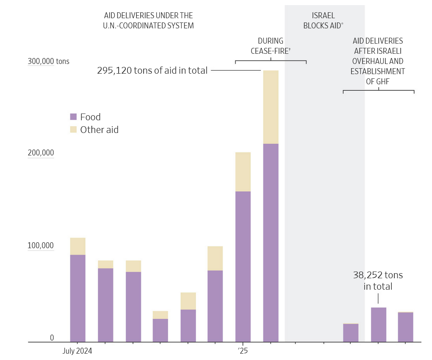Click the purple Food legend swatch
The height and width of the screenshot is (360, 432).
[73, 117]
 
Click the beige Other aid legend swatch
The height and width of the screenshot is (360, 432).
[73, 130]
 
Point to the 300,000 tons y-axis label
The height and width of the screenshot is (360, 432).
[48, 61]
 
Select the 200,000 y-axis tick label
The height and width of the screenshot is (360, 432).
[41, 153]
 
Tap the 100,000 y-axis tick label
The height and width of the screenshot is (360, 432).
[41, 246]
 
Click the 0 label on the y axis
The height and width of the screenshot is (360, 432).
[52, 338]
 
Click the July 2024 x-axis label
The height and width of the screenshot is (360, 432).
[77, 351]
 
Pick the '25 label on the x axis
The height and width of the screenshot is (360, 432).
[242, 351]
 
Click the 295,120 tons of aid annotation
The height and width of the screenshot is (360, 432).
[152, 71]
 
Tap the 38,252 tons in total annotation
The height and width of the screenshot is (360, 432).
[378, 281]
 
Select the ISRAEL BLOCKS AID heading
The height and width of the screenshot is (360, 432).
[324, 20]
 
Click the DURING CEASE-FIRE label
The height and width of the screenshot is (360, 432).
[271, 46]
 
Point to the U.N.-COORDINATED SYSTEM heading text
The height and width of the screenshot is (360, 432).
[148, 25]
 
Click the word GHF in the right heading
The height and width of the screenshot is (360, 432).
[377, 82]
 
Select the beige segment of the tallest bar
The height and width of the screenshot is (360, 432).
[271, 107]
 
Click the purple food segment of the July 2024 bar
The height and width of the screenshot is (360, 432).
[78, 298]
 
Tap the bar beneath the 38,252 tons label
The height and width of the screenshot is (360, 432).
[379, 324]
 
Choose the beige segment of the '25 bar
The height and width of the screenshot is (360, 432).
[243, 172]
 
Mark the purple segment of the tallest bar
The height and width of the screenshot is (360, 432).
[271, 242]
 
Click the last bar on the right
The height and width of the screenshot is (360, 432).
[406, 327]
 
